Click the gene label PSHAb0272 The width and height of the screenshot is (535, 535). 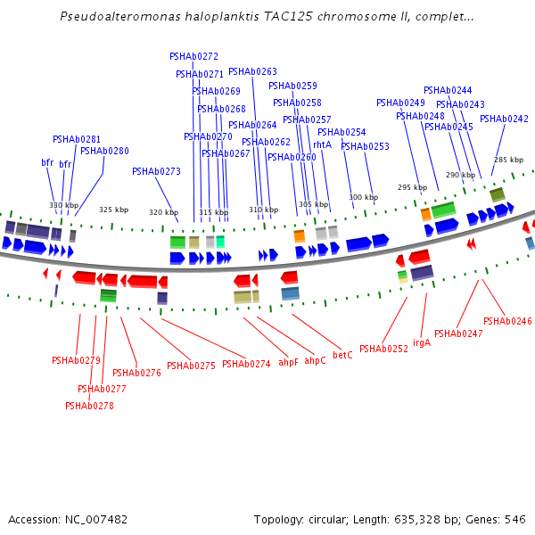point(193,56)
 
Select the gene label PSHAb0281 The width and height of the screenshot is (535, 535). point(77,139)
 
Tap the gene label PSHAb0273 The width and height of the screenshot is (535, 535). point(156,171)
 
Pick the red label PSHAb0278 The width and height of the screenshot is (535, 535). point(89,406)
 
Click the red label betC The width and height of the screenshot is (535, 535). point(342,355)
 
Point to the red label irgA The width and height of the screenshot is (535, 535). point(422,342)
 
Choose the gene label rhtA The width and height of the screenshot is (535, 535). point(323,144)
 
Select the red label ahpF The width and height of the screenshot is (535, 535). point(289,362)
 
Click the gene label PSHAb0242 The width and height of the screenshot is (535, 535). point(504,119)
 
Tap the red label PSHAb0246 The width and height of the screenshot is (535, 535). point(507,321)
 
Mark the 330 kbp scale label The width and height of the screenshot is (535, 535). point(64,205)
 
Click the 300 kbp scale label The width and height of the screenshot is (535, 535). point(363,197)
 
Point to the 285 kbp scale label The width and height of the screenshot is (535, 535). point(508,160)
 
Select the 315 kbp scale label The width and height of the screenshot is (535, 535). point(213,212)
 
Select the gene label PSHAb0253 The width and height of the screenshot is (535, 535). point(365,146)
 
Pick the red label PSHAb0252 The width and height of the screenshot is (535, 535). point(383,349)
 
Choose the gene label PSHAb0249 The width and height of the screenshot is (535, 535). point(400,103)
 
